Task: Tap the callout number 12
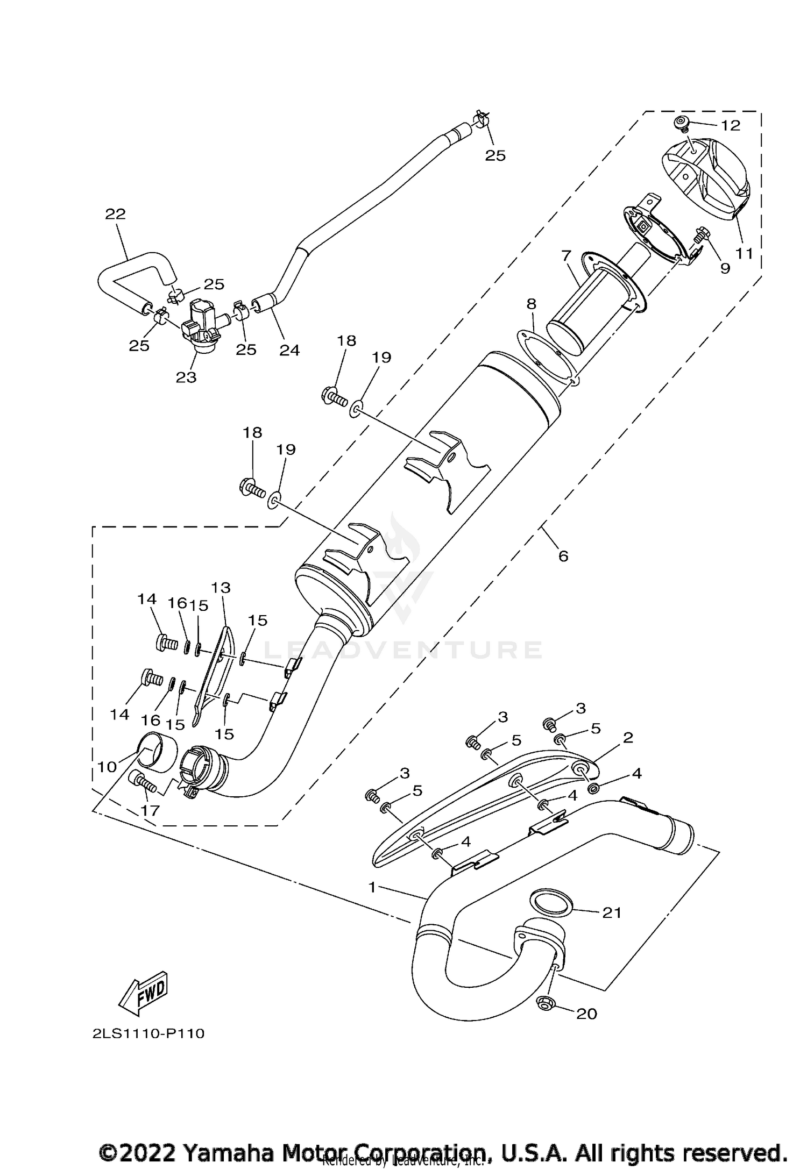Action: pyautogui.click(x=731, y=125)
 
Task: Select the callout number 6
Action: pyautogui.click(x=563, y=555)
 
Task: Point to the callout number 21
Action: pyautogui.click(x=612, y=912)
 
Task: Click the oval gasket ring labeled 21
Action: pyautogui.click(x=551, y=902)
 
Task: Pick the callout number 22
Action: pyautogui.click(x=115, y=214)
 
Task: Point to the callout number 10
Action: pyautogui.click(x=107, y=767)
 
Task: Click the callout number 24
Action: pyautogui.click(x=289, y=350)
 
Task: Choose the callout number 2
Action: pyautogui.click(x=627, y=737)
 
